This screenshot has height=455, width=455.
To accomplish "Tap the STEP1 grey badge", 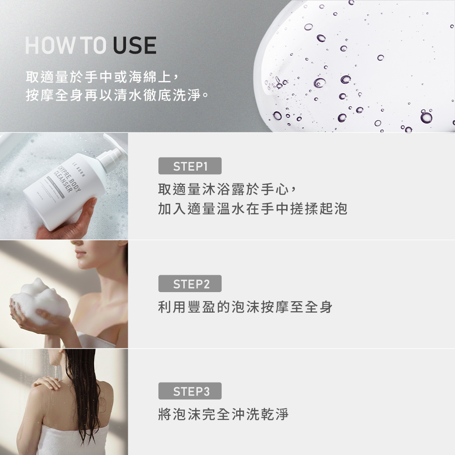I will click(x=190, y=166).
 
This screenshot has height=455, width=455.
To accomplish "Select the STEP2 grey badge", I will click(x=190, y=284).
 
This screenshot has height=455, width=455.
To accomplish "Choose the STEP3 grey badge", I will click(x=190, y=391).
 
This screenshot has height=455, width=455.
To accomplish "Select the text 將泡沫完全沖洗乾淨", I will click(x=223, y=415).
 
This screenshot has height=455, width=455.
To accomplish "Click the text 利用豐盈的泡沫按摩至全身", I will click(x=245, y=307).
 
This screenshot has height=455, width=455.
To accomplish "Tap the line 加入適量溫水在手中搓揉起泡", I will click(x=253, y=209).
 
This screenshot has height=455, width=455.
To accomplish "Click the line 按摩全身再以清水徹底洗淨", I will click(x=117, y=96).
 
